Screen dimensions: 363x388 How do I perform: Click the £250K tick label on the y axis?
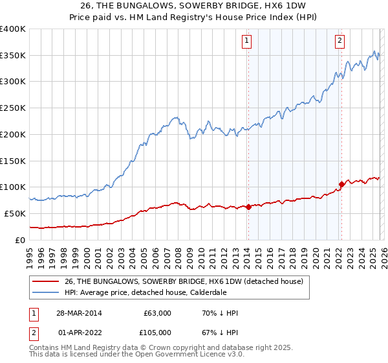click(13, 108)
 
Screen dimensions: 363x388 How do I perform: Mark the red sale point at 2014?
click(248, 207)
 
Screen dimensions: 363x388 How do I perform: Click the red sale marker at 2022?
click(341, 185)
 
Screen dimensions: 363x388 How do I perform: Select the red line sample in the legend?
click(47, 282)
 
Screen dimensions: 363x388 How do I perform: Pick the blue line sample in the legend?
click(47, 293)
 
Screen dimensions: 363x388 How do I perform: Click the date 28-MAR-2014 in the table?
click(79, 313)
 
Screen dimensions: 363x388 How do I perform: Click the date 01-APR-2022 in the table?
click(79, 332)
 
